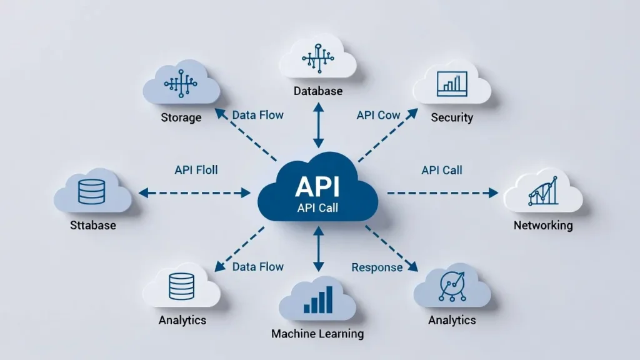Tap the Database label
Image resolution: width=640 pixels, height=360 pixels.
coord(318,91)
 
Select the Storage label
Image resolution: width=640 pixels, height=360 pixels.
coord(181,117)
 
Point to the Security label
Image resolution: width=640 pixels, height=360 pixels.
coord(452,117)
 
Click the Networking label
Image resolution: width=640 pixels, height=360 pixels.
coord(542,225)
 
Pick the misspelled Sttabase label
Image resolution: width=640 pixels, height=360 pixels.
coord(93,225)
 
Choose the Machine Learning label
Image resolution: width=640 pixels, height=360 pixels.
coord(317,334)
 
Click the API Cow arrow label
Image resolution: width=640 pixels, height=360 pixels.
coord(378,116)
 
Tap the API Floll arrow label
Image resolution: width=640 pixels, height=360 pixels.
coord(196,169)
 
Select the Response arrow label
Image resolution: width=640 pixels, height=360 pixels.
coord(377,267)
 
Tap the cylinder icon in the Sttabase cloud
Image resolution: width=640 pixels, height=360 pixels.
coord(92,191)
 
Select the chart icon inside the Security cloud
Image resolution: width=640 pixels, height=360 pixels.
coord(452,82)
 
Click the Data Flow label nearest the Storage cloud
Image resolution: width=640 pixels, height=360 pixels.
coord(257,116)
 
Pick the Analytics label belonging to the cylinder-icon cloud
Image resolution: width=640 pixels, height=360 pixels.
coord(182,320)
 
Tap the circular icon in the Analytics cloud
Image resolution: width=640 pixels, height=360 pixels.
coord(451,285)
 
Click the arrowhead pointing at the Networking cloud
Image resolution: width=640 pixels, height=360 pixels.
coord(493,193)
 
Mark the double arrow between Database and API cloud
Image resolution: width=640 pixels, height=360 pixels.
coord(319,126)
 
